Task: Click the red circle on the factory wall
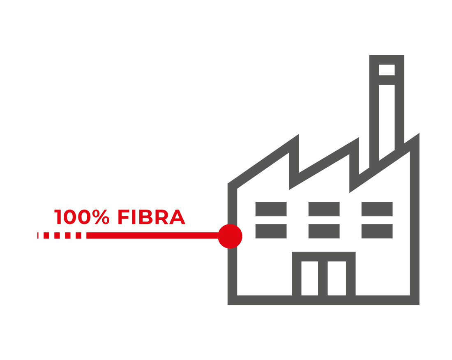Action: click(x=230, y=236)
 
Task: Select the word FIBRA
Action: click(x=151, y=218)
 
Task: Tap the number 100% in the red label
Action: click(x=82, y=218)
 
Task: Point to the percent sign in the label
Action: click(x=101, y=218)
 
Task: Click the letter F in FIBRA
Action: click(x=123, y=218)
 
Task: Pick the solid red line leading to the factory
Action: click(x=152, y=236)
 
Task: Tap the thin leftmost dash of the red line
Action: click(x=38, y=235)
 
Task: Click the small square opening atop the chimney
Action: click(x=387, y=70)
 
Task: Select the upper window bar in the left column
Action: click(x=271, y=209)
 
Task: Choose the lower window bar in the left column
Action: click(x=271, y=231)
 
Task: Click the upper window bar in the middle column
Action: click(x=324, y=209)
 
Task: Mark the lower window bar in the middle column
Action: click(x=324, y=231)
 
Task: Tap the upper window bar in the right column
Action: click(x=377, y=209)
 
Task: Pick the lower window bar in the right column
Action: click(x=377, y=231)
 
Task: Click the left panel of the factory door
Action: click(x=310, y=278)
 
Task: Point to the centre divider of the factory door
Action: click(x=323, y=278)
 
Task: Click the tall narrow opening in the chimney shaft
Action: click(x=387, y=121)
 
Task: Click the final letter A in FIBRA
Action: click(x=177, y=218)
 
